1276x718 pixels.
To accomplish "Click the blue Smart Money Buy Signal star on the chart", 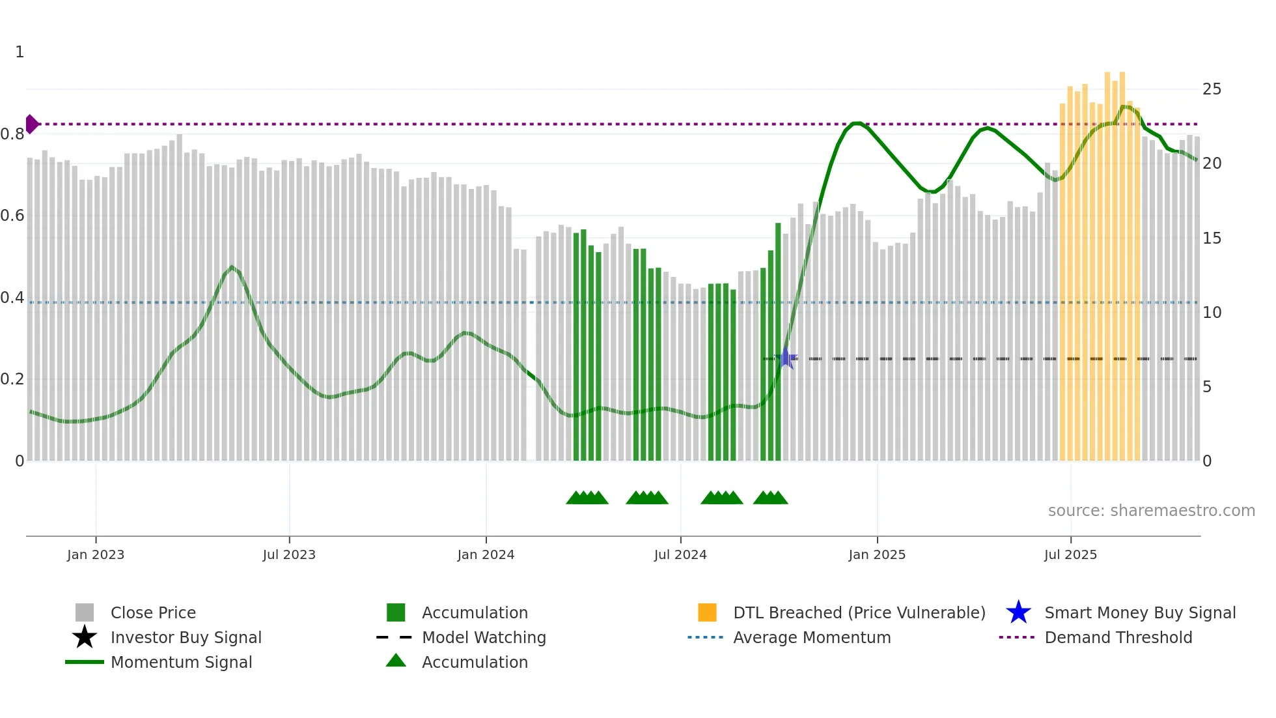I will (x=786, y=358).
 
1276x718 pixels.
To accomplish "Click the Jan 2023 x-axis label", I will (x=96, y=554).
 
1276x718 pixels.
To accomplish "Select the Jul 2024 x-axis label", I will (x=680, y=554).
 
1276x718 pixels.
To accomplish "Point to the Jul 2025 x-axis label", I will (x=1070, y=554).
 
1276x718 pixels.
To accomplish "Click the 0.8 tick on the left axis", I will (x=13, y=134).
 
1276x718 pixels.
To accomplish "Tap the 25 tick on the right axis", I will (x=1212, y=89).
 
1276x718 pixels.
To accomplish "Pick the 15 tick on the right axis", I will (x=1212, y=238).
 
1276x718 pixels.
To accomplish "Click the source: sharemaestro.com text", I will (x=1151, y=511).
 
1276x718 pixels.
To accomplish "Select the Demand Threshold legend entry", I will (x=1118, y=637).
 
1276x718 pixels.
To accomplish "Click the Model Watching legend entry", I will (x=484, y=637).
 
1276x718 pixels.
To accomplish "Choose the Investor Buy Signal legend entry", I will (x=186, y=637).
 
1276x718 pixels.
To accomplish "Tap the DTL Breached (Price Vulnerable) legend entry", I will (x=859, y=612).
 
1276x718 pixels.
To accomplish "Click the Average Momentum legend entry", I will (x=811, y=637).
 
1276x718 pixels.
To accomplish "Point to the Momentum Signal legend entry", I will (x=181, y=662).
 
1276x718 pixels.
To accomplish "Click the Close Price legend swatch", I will (x=85, y=612).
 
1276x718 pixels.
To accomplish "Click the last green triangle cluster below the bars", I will (x=771, y=498).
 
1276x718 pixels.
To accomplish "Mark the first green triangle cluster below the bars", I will (x=587, y=498).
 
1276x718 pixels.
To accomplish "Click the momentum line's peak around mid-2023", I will (x=232, y=267).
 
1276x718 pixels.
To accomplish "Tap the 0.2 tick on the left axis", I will (x=13, y=379).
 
